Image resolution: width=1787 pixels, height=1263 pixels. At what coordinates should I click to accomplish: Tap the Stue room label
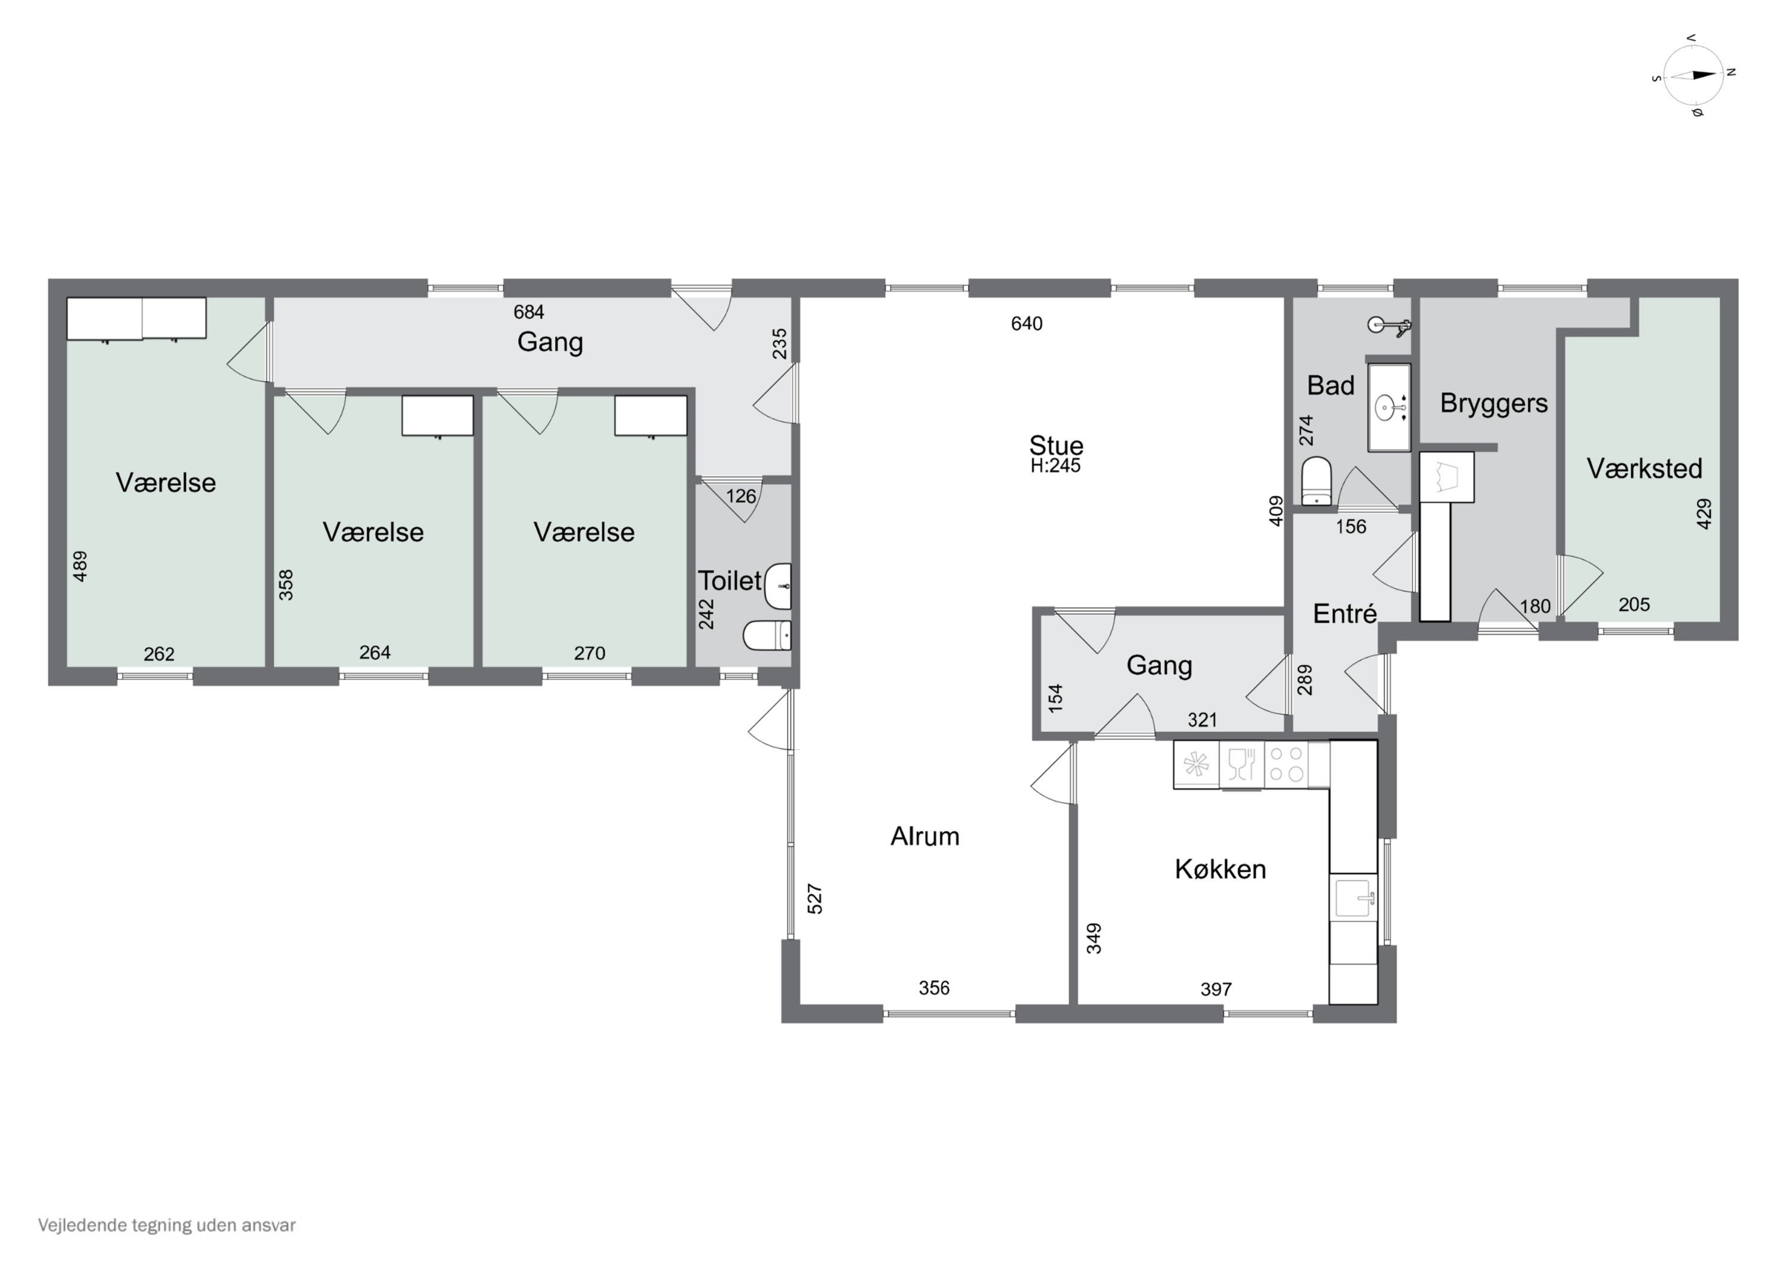click(x=1056, y=445)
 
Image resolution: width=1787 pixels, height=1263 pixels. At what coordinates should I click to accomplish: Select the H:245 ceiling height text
click(x=1056, y=466)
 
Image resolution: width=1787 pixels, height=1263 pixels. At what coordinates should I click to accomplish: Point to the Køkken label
click(x=1221, y=869)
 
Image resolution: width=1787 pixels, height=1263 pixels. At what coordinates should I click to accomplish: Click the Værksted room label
click(x=1645, y=469)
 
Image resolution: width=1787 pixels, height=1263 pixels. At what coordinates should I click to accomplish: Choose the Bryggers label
click(x=1493, y=404)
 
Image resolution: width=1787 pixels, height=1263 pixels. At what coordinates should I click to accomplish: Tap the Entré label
click(x=1345, y=613)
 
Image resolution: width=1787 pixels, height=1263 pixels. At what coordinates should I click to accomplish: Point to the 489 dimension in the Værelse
click(x=79, y=566)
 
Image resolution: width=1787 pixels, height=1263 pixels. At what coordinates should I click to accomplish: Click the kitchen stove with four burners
click(x=1287, y=764)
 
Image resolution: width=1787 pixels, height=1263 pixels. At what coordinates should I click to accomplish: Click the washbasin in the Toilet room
click(x=779, y=586)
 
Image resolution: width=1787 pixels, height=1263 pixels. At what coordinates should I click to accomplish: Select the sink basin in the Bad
click(x=1389, y=407)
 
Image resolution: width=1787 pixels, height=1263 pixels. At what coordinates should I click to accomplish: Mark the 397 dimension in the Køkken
click(x=1216, y=989)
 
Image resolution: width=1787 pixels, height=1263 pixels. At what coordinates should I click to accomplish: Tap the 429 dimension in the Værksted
click(x=1704, y=514)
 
